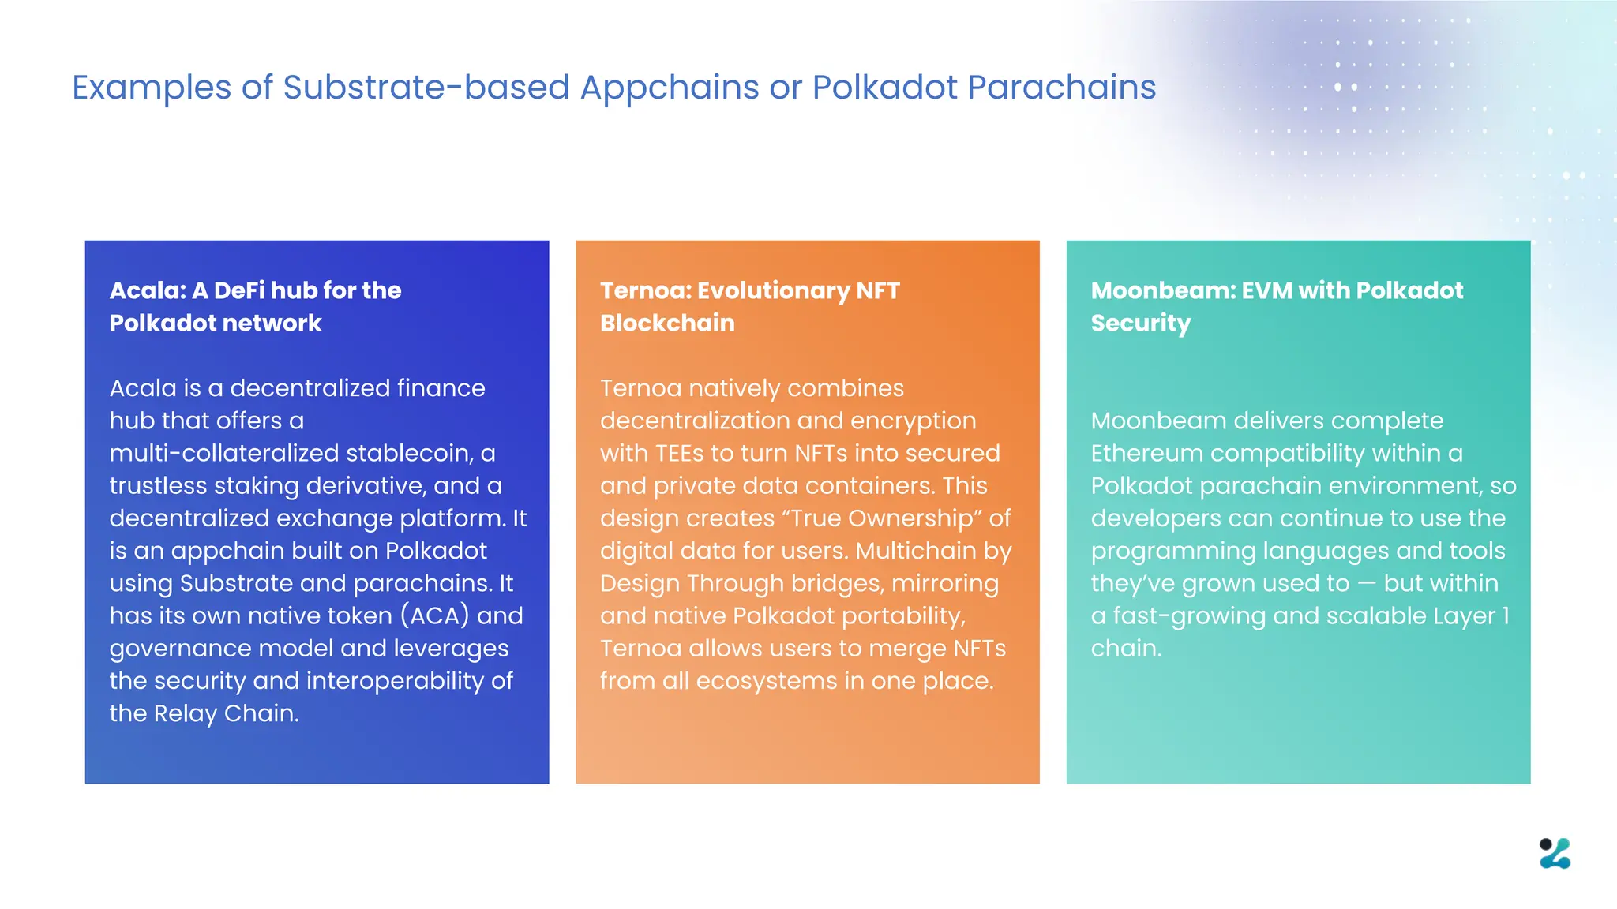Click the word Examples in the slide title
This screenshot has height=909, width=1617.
pyautogui.click(x=151, y=88)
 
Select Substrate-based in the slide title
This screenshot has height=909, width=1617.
pyautogui.click(x=426, y=88)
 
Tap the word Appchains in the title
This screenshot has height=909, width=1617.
pyautogui.click(x=670, y=88)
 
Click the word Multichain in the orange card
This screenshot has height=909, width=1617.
pyautogui.click(x=915, y=551)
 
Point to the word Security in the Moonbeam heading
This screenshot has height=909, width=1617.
pyautogui.click(x=1140, y=324)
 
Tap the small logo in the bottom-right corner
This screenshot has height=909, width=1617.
pyautogui.click(x=1555, y=853)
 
